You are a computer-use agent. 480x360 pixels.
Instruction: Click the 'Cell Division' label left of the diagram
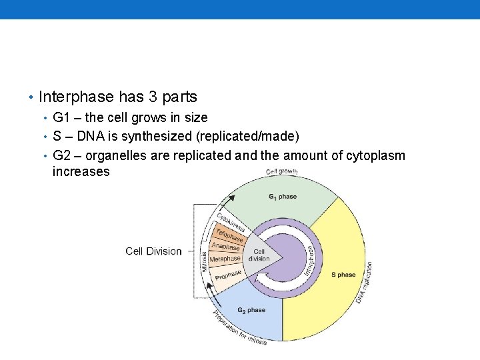(153, 251)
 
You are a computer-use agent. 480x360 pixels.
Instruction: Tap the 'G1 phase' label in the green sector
(283, 197)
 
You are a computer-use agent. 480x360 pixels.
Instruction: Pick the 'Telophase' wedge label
(229, 235)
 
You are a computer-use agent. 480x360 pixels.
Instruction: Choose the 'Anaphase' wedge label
(225, 247)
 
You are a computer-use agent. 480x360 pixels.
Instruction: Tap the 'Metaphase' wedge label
(225, 259)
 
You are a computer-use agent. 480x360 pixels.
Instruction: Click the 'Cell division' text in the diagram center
(259, 255)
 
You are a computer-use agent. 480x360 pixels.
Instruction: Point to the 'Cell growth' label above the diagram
(281, 172)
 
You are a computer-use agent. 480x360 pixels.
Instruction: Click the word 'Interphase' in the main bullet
(76, 97)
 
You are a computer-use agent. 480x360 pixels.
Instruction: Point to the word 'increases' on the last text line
(81, 171)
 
